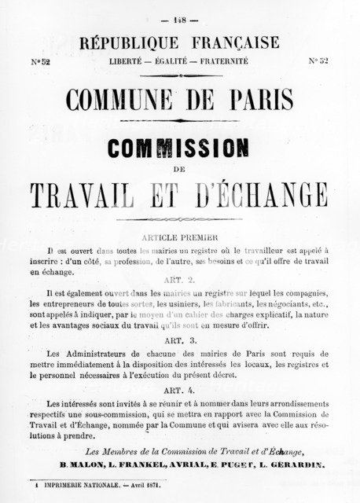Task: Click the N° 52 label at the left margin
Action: pyautogui.click(x=39, y=60)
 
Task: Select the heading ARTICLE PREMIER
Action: pyautogui.click(x=181, y=235)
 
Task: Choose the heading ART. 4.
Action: pyautogui.click(x=181, y=391)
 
